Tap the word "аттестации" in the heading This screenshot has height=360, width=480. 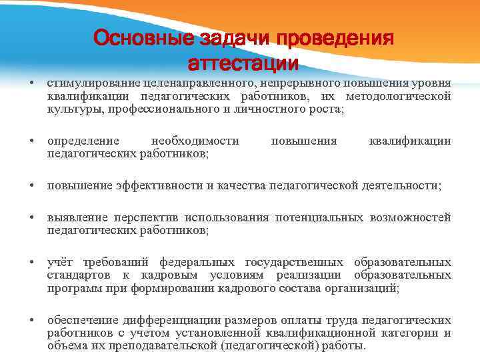coord(243,64)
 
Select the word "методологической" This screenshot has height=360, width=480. coord(409,96)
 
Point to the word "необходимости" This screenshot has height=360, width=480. coord(195,141)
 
